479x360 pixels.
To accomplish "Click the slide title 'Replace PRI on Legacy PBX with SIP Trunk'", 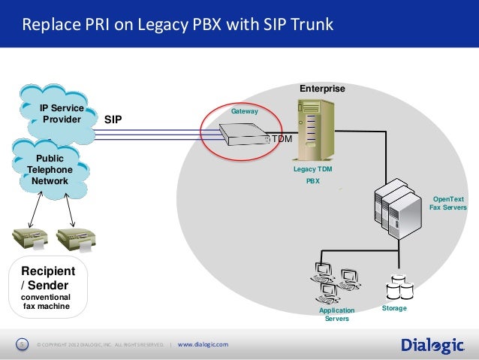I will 177,26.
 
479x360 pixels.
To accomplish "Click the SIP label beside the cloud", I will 113,119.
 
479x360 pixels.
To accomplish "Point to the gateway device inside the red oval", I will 242,135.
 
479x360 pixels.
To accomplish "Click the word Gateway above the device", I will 244,111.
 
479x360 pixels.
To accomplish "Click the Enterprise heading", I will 322,89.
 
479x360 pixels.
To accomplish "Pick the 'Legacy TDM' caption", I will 312,169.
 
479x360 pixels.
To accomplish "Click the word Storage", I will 395,309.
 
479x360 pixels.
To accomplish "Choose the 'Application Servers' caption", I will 336,314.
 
